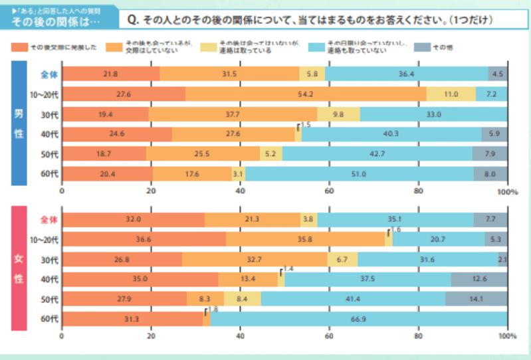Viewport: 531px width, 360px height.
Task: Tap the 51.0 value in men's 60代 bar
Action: point(360,174)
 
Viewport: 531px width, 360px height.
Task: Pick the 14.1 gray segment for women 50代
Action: point(476,299)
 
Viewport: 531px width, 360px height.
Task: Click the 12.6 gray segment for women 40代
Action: point(478,279)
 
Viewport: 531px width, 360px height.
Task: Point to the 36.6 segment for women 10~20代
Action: point(144,239)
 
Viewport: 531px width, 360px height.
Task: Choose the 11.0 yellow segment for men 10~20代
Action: point(451,94)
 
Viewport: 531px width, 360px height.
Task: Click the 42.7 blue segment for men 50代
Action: point(377,154)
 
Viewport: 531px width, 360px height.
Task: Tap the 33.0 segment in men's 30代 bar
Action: point(433,114)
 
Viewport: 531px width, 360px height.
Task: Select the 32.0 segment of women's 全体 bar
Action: point(134,219)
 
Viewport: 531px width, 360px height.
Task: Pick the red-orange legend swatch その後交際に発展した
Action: point(19,47)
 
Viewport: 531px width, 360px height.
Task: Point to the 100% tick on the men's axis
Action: point(507,192)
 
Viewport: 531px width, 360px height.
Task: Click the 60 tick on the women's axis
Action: point(328,337)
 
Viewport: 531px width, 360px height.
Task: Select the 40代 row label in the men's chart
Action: point(49,134)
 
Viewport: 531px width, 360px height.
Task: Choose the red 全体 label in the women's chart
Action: point(49,219)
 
